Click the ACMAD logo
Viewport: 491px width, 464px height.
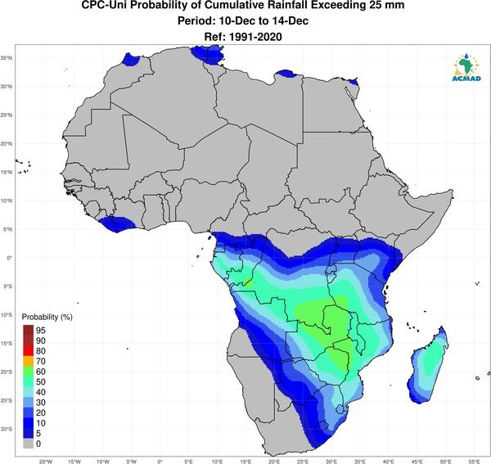tap(466, 67)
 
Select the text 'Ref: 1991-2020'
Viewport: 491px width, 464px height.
tap(243, 37)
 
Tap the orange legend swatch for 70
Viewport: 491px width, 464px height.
tap(28, 362)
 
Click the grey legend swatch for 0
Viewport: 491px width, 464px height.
tap(28, 444)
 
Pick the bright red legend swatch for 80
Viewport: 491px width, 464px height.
tap(28, 351)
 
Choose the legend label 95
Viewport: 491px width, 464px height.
tap(41, 331)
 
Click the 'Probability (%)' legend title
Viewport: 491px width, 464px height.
tap(47, 318)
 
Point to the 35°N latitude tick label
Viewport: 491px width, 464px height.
tap(7, 58)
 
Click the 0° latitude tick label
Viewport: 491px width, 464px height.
tap(9, 258)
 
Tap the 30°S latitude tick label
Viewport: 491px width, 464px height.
tap(7, 429)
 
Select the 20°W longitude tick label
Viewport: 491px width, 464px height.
tap(46, 462)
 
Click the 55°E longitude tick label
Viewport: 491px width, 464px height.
tap(475, 462)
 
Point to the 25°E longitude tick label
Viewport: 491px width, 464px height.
tap(303, 462)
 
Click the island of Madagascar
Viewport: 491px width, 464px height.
tap(428, 366)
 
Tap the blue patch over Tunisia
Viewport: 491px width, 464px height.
tap(207, 55)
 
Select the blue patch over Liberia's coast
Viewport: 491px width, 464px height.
tap(117, 223)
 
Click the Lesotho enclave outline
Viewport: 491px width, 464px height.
tap(322, 426)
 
